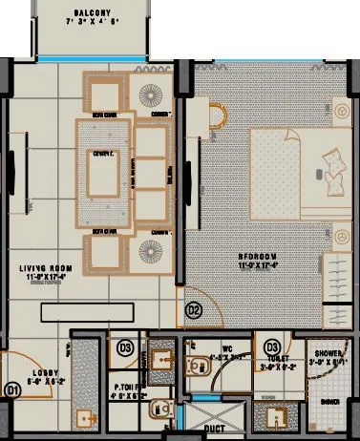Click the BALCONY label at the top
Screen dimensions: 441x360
coord(93,13)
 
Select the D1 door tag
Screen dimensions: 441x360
coord(13,389)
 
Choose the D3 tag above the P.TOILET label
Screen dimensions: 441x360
coord(124,347)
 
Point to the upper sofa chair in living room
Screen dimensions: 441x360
coord(105,94)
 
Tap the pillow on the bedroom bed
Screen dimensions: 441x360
coord(334,176)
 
